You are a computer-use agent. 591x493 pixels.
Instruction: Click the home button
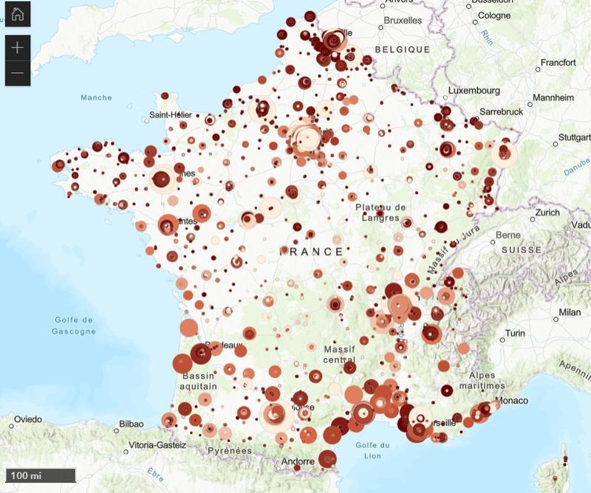point(18,15)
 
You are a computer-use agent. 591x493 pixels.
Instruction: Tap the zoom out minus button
point(18,73)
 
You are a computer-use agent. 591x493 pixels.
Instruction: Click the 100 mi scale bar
point(41,475)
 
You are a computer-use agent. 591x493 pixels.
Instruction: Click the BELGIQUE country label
point(403,49)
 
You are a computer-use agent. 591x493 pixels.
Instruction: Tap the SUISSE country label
point(522,250)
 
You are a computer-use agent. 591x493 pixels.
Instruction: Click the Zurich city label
point(548,213)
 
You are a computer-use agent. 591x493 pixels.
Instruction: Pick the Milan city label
point(570,312)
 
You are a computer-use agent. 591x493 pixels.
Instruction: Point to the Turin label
point(515,334)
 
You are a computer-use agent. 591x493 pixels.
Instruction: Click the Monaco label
point(512,401)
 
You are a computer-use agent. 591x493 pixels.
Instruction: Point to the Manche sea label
point(96,97)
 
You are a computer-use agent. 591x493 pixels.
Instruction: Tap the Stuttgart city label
point(575,137)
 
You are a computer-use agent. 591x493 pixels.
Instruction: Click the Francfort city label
point(558,63)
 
